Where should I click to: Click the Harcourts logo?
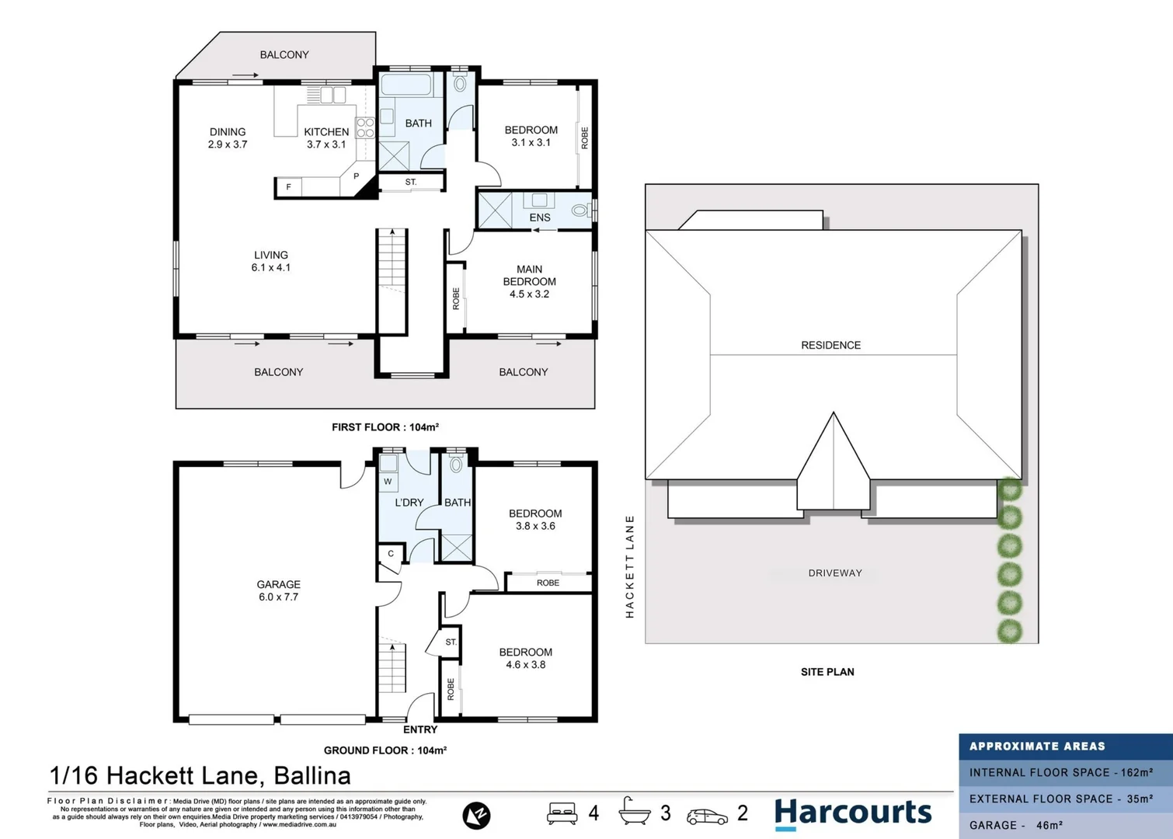click(x=853, y=813)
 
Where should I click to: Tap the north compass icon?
click(x=476, y=815)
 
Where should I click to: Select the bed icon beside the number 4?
click(x=562, y=813)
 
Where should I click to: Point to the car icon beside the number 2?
click(x=707, y=816)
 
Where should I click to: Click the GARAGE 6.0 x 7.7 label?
click(x=278, y=590)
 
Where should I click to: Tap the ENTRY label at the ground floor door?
click(x=420, y=729)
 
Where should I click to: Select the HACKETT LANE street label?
click(x=630, y=566)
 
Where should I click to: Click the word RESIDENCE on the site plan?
click(x=830, y=345)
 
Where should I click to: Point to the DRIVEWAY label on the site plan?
click(x=835, y=573)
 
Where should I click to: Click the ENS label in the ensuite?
click(x=540, y=218)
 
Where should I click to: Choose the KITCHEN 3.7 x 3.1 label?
click(x=326, y=138)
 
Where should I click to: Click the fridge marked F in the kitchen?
click(x=289, y=187)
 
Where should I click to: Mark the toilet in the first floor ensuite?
click(x=580, y=210)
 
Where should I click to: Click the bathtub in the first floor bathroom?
click(x=406, y=85)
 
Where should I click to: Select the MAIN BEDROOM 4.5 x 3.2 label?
click(x=529, y=281)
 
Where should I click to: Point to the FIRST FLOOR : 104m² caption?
click(x=385, y=427)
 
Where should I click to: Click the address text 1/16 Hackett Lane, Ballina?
click(x=200, y=775)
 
